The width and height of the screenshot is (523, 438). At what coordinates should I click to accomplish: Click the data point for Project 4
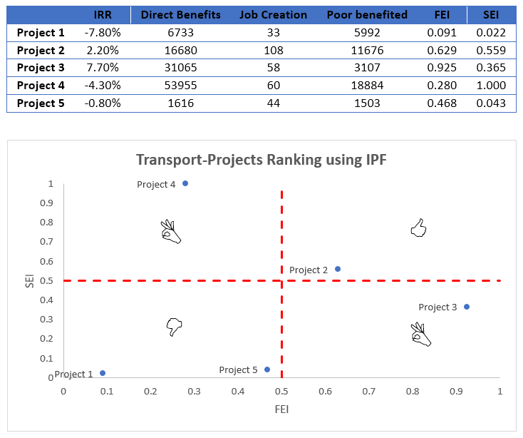click(x=185, y=183)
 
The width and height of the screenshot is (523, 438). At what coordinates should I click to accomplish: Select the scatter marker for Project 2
click(x=338, y=269)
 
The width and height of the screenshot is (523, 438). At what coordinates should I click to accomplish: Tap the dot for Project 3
click(x=467, y=307)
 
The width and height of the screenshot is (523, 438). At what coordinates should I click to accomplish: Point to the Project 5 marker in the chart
click(x=267, y=370)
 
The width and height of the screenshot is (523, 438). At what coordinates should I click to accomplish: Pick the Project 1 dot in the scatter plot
click(x=103, y=373)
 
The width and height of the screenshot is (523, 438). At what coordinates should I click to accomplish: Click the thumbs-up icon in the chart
click(x=418, y=228)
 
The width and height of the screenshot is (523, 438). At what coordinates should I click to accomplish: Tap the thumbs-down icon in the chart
click(x=174, y=327)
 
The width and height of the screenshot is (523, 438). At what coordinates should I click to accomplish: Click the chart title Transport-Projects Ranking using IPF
click(x=261, y=160)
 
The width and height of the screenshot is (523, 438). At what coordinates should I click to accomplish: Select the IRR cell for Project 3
click(x=103, y=68)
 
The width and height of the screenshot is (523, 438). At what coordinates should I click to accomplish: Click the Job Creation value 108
click(x=274, y=51)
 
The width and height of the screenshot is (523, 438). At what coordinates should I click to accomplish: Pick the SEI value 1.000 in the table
click(x=491, y=86)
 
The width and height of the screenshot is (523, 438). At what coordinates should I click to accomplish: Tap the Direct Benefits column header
click(x=181, y=15)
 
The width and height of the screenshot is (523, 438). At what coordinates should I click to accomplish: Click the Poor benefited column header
click(x=367, y=15)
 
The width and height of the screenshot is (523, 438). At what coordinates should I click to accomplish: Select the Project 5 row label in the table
click(x=41, y=103)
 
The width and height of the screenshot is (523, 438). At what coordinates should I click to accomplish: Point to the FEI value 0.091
click(x=442, y=33)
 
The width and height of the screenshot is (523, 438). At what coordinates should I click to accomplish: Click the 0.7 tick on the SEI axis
click(x=46, y=241)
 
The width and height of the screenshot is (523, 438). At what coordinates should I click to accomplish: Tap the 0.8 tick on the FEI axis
click(x=413, y=391)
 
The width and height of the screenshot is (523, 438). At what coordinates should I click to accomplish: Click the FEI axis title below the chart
click(x=282, y=409)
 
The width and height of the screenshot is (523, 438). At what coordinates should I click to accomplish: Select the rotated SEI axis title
click(x=30, y=281)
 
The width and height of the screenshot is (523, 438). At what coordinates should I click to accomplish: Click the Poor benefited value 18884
click(x=367, y=86)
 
